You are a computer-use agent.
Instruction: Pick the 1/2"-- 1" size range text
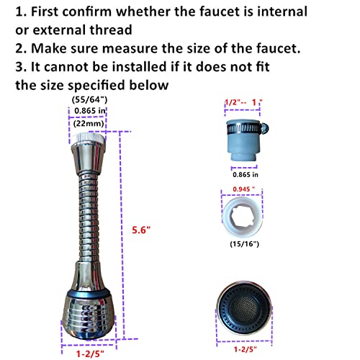(243, 105)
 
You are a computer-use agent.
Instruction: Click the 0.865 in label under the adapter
(246, 173)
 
